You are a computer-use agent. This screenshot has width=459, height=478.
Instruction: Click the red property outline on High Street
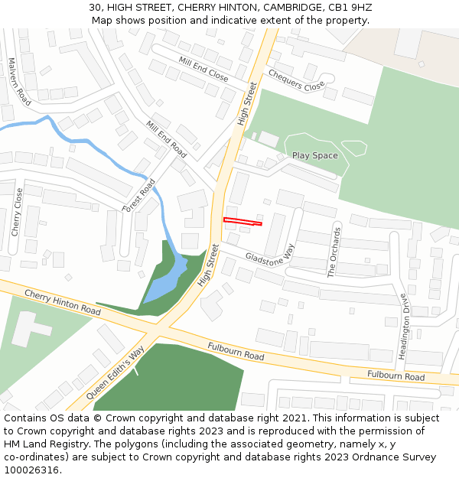click(x=243, y=223)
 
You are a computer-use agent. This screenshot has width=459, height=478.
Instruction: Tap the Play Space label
click(x=314, y=156)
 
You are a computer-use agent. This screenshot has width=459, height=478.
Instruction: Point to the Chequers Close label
click(x=296, y=80)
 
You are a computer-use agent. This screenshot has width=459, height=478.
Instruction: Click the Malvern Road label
click(x=18, y=80)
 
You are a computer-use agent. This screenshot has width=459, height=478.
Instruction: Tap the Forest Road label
click(x=140, y=195)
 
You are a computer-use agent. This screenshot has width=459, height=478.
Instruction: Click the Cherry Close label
click(x=18, y=212)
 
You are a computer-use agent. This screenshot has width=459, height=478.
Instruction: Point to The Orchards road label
click(x=334, y=251)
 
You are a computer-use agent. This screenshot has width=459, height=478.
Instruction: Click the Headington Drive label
click(x=405, y=322)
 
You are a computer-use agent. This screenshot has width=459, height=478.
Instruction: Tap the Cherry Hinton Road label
click(x=62, y=302)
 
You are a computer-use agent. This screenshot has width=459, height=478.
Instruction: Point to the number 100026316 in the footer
click(x=32, y=470)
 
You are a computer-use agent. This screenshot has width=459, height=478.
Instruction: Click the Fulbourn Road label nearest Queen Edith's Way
click(x=236, y=352)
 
